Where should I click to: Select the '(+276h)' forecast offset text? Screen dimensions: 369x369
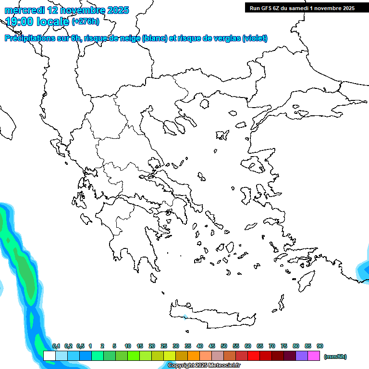(86, 22)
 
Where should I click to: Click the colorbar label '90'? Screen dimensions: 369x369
(320, 346)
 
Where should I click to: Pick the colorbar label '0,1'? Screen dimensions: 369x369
(56, 346)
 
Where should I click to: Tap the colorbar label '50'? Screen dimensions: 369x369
(224, 346)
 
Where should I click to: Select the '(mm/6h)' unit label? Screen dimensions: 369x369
(335, 357)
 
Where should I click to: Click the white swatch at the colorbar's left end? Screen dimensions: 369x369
(49, 356)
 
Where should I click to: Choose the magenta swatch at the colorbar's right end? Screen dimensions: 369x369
(314, 356)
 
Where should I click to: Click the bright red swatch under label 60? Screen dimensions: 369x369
(254, 356)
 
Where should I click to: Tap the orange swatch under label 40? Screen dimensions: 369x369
(194, 356)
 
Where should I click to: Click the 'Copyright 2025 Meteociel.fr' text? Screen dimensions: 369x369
(204, 366)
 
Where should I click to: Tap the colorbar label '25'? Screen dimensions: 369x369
(164, 346)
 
